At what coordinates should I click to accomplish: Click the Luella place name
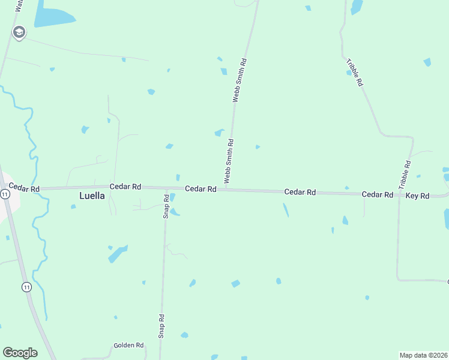92,196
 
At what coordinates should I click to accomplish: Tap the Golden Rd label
129,346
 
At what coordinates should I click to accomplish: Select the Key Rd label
417,196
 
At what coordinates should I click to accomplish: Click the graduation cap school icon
19,32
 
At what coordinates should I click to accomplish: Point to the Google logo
20,352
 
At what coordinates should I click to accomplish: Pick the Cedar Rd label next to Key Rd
377,195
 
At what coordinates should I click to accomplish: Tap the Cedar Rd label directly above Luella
125,187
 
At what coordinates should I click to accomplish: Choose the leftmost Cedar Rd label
24,188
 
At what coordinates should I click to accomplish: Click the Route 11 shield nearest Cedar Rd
5,194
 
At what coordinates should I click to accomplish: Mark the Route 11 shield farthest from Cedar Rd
26,287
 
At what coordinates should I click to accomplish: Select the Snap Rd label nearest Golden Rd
161,326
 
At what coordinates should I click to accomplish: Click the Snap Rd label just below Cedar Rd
166,206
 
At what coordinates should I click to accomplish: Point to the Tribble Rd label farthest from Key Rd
355,73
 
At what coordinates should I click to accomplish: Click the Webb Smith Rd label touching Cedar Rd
229,161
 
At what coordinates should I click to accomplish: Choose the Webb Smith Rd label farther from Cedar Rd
240,80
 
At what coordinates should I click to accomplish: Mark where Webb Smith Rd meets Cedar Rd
226,189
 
